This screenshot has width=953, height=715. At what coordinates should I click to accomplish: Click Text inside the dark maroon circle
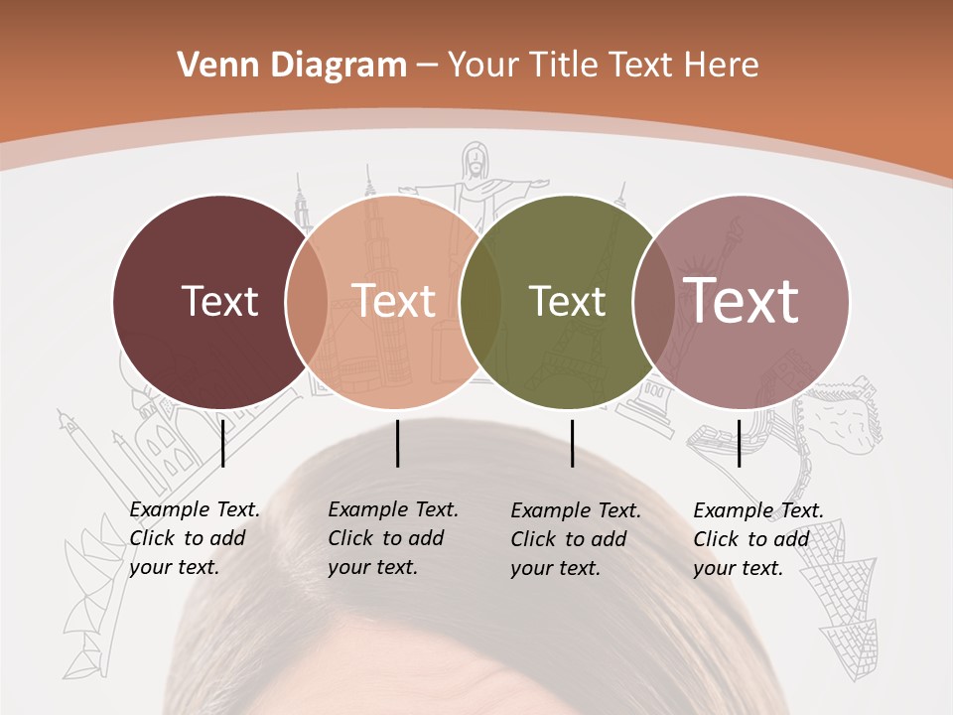point(219,301)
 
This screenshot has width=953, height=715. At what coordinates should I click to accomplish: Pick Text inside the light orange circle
point(394,301)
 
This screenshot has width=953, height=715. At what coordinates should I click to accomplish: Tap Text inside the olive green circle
point(569,301)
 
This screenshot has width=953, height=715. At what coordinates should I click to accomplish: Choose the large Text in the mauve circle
point(742,301)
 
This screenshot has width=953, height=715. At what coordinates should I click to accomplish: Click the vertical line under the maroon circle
point(223,443)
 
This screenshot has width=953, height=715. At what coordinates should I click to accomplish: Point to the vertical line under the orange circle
point(397,443)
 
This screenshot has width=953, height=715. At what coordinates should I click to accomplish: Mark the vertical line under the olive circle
point(573,443)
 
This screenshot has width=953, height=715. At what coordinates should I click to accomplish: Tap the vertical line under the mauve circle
point(740,443)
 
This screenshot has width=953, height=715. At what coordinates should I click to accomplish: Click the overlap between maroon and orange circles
point(307,301)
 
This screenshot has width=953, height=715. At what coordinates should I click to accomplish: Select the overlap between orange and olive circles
point(480,301)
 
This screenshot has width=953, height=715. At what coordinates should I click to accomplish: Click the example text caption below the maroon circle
point(195,538)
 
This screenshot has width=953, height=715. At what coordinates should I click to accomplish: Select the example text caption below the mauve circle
point(757,539)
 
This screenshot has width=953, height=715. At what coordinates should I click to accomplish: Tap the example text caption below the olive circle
point(576,539)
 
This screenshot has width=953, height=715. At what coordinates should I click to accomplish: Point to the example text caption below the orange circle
point(393,538)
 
